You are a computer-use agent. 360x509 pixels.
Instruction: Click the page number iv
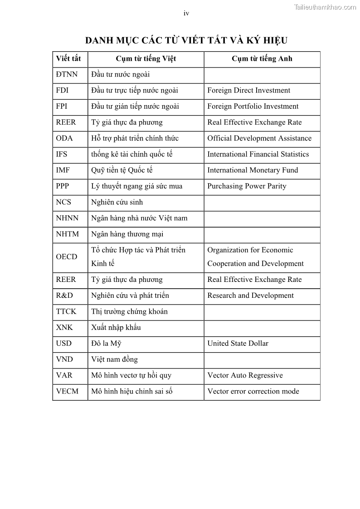(186, 13)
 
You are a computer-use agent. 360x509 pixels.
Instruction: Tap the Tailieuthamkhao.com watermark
(325, 7)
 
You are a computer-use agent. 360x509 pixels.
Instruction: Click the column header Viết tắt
(68, 58)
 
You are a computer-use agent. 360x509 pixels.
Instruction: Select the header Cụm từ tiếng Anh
(262, 58)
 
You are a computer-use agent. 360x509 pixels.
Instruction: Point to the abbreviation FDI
(62, 90)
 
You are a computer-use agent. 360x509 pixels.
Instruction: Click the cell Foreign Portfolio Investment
(253, 106)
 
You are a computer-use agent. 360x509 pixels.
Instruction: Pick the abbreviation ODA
(64, 138)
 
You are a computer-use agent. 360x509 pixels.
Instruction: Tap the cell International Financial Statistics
(258, 154)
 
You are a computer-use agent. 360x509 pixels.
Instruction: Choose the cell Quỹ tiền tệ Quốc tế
(122, 170)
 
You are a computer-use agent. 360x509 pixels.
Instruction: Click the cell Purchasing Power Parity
(247, 186)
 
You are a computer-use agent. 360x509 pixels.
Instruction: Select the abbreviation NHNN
(67, 218)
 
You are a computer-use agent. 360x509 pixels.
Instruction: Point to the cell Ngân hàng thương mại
(127, 234)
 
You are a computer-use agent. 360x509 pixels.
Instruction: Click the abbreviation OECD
(67, 257)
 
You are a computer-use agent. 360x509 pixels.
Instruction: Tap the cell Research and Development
(250, 296)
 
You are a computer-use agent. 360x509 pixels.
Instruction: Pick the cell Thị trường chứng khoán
(129, 311)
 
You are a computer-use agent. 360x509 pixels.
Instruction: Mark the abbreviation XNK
(64, 327)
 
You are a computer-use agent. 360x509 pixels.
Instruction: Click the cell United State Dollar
(238, 343)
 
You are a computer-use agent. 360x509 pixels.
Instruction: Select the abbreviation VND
(64, 359)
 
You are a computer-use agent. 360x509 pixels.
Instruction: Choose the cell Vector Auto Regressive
(245, 375)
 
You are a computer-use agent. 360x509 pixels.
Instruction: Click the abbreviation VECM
(67, 391)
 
